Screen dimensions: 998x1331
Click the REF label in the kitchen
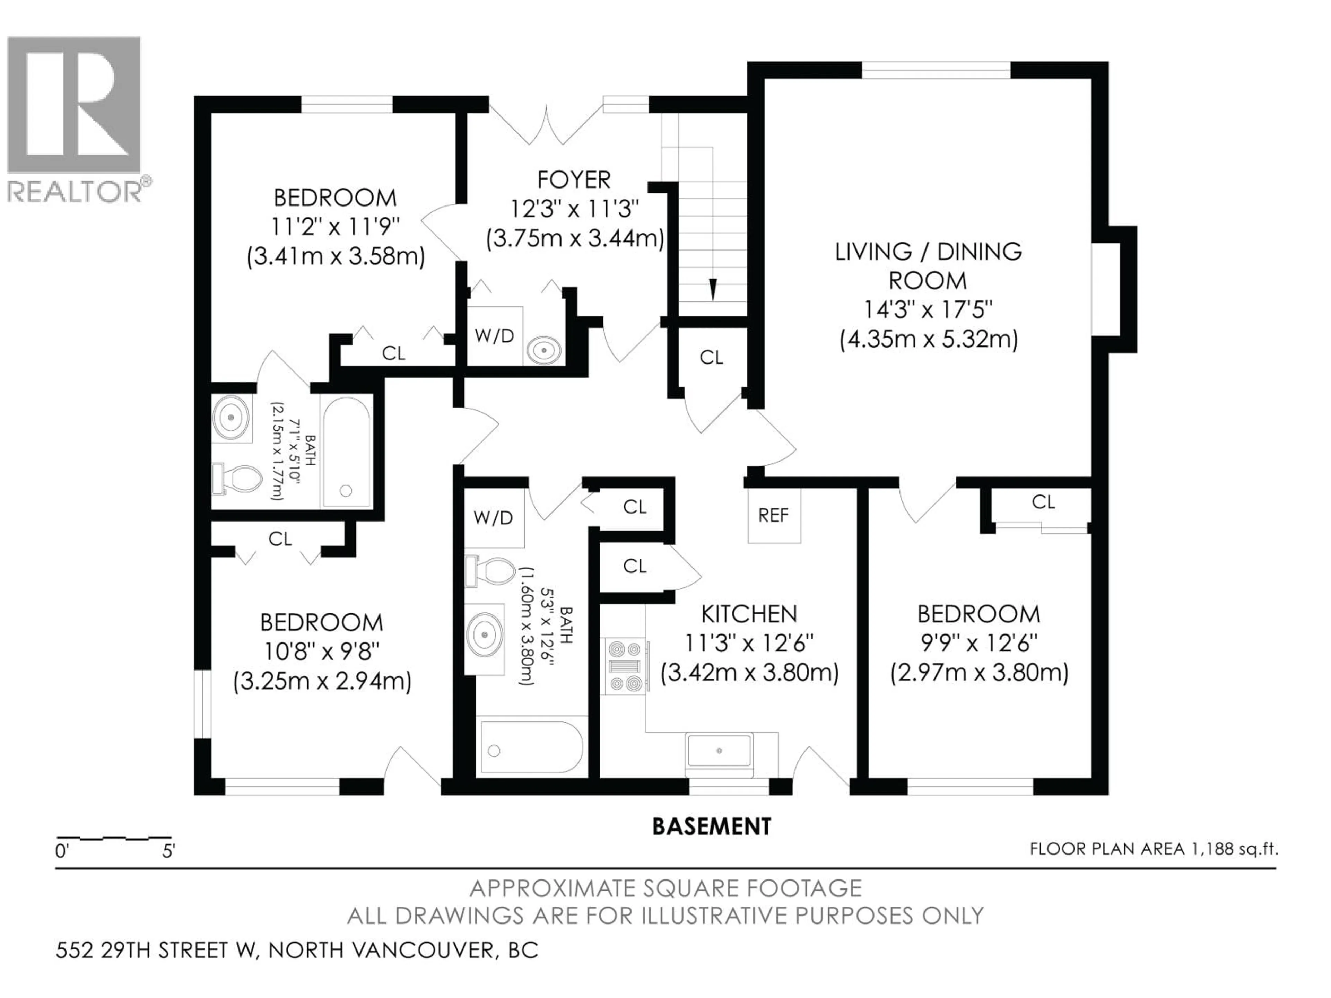pos(773,516)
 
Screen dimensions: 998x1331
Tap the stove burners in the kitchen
pos(625,666)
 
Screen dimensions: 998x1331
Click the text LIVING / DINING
pos(928,252)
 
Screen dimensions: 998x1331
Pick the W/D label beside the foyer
pos(494,336)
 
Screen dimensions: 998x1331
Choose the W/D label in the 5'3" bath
pos(493,517)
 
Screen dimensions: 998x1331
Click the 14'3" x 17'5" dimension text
pos(928,310)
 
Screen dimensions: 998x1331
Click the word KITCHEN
pos(749,614)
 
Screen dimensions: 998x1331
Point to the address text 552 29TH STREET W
pos(156,951)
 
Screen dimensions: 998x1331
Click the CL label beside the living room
pos(711,358)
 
